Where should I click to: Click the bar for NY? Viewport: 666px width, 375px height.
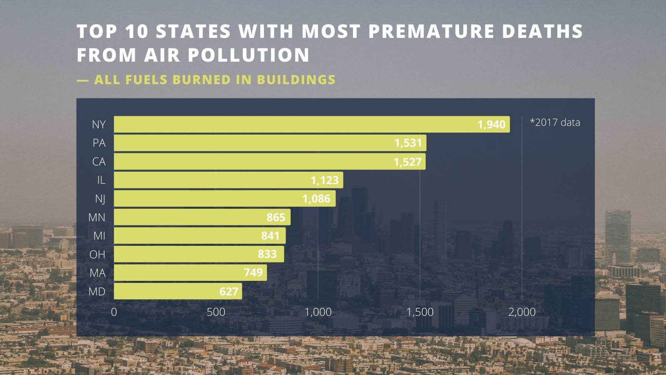pos(311,124)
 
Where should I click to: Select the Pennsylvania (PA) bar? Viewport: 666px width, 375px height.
pos(270,143)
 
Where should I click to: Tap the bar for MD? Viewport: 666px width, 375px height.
pos(178,291)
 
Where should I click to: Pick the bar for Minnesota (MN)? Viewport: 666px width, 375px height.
pos(202,217)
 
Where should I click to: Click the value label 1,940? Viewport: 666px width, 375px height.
pos(491,125)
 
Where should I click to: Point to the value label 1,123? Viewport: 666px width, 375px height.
pos(324,180)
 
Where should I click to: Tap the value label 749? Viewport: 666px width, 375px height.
pos(253,272)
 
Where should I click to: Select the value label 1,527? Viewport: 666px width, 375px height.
pos(408,162)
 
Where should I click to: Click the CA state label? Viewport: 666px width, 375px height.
pos(99,162)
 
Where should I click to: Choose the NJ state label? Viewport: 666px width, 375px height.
pos(100,199)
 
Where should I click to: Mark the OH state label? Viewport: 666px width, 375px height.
pos(97,254)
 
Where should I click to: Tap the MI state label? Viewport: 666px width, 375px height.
pos(99,236)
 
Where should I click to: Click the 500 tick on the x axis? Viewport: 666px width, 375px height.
pos(216,312)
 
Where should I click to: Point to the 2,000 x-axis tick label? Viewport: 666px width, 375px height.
pos(522,312)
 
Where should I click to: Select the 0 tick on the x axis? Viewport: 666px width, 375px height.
pos(114,312)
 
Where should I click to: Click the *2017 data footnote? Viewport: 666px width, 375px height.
pos(555,122)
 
